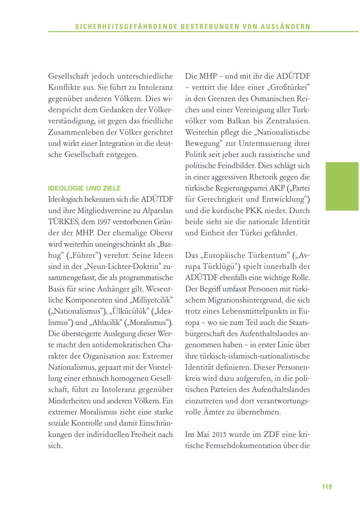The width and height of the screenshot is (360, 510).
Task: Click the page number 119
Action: click(327, 486)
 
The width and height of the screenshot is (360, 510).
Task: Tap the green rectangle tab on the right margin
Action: click(342, 186)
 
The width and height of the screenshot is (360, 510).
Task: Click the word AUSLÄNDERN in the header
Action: click(288, 27)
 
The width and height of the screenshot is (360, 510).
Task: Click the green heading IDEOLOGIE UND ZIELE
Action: click(84, 188)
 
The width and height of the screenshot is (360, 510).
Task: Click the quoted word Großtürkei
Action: click(291, 87)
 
